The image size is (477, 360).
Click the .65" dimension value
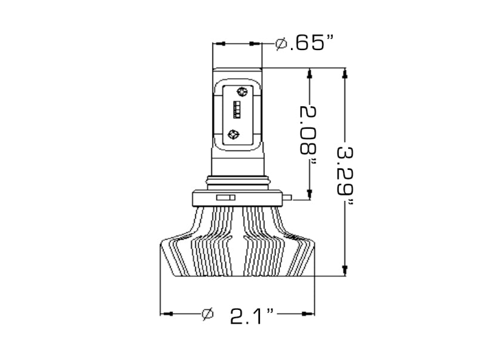tap(311, 44)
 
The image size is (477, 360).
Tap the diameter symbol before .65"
tap(281, 44)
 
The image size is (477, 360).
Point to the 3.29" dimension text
tap(345, 173)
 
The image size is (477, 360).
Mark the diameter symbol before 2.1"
tap(207, 314)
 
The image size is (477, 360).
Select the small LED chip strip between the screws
tap(237, 111)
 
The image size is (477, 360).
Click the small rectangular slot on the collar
tap(225, 197)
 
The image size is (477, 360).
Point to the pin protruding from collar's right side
tap(288, 197)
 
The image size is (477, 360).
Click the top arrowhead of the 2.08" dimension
tap(309, 73)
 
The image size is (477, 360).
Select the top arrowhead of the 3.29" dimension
tap(344, 73)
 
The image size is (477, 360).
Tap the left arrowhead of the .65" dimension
tap(219, 44)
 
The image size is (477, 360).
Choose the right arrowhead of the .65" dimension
tap(256, 44)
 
